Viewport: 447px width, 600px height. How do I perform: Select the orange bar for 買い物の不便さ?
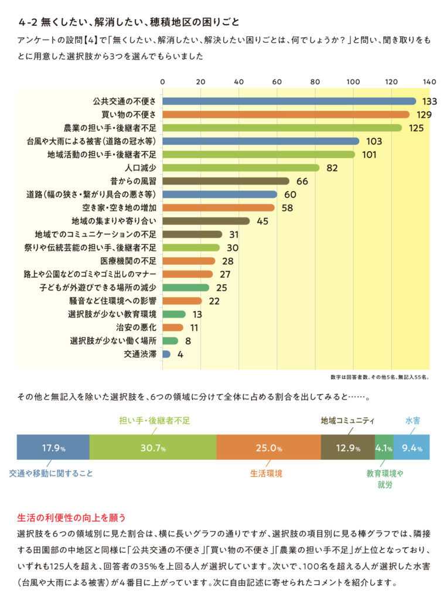coord(285,114)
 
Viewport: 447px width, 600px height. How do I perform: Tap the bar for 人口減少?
coord(240,168)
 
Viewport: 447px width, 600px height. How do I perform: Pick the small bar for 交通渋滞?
coord(166,354)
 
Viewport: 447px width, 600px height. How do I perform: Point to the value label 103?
coord(373,141)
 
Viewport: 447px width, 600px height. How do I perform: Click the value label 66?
coord(302,181)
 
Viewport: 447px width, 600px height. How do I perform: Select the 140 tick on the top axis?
coord(429,81)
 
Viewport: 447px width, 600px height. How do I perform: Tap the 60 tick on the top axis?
coord(277,81)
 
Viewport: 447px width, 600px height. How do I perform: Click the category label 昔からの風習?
coord(132,181)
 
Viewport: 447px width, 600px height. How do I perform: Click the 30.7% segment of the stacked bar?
coord(152,448)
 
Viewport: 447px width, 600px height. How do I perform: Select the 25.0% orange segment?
coord(268,448)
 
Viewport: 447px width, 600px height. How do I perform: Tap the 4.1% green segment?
coord(384,448)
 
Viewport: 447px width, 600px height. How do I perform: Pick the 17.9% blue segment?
coord(53,448)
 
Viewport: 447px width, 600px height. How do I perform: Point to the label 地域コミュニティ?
coord(347,420)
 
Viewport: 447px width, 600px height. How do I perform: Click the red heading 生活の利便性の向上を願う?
coord(71,518)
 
